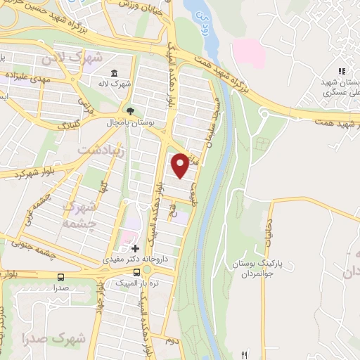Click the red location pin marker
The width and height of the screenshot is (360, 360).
[x=181, y=165]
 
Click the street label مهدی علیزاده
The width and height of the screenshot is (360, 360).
[x=28, y=78]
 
